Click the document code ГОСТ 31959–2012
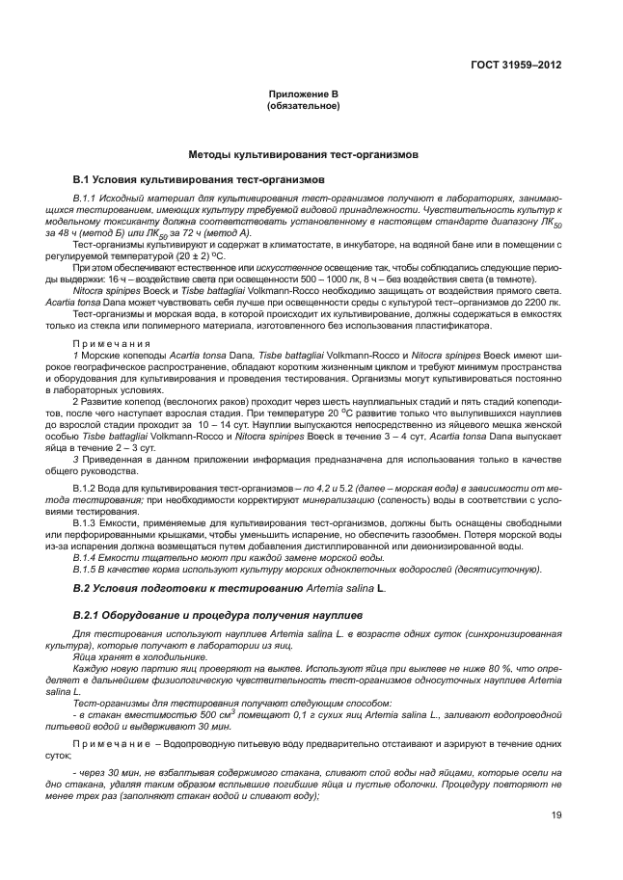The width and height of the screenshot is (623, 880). tap(517, 65)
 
